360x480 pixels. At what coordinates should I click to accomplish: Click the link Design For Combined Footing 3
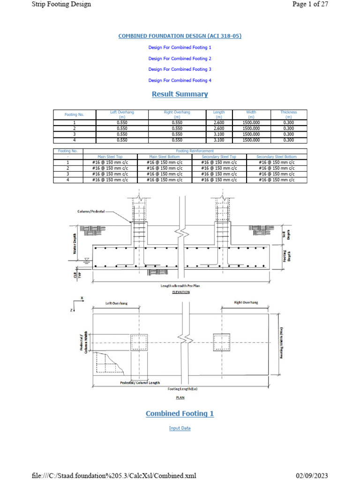tap(180, 69)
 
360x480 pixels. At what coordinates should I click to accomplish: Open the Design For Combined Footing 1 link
tap(180, 48)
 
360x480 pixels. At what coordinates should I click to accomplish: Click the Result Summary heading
tap(180, 94)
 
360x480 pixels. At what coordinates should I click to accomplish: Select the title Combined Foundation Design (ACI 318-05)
tap(180, 36)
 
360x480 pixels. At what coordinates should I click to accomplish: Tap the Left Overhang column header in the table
tap(122, 114)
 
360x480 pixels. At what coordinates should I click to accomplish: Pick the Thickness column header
tap(289, 114)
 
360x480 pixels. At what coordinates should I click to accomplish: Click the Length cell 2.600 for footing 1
tap(219, 122)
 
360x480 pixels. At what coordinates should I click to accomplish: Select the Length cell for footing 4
tap(219, 140)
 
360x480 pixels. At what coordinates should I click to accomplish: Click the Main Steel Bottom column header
tap(165, 157)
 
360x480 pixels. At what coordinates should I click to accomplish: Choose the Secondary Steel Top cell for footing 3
tap(219, 174)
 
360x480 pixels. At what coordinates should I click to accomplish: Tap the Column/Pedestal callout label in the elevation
tap(92, 211)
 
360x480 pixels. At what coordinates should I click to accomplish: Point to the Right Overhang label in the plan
tap(246, 303)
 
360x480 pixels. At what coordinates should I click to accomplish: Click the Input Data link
tap(180, 428)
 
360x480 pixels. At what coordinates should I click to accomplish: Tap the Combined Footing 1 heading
tap(180, 413)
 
